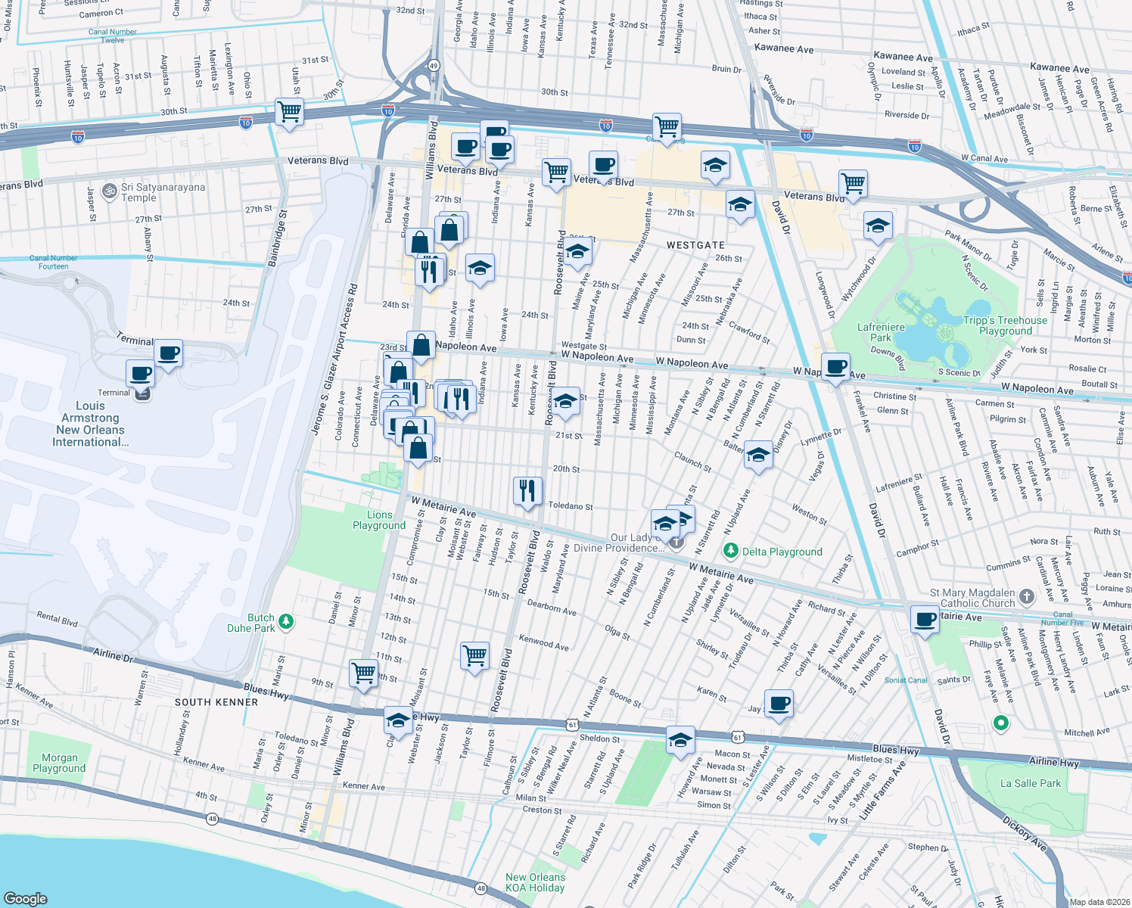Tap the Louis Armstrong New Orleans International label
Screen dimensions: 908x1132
(90, 424)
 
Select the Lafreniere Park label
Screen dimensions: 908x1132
(881, 332)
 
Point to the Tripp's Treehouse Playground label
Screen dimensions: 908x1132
(1005, 325)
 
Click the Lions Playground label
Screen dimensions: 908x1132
(379, 520)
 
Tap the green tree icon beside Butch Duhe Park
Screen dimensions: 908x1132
(286, 622)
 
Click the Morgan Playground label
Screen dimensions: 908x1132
(59, 763)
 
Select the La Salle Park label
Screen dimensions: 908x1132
(1030, 783)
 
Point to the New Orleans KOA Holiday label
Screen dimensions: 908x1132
(535, 882)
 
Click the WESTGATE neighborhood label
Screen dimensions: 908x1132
(695, 245)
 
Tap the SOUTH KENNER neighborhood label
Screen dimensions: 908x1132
(216, 702)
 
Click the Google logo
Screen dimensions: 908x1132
(26, 898)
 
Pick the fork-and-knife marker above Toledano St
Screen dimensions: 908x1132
(527, 490)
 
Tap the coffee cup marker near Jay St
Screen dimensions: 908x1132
(779, 704)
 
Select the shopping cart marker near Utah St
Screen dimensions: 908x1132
(290, 112)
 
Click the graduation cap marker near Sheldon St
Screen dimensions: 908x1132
(680, 739)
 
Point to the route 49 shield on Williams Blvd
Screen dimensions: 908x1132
(434, 66)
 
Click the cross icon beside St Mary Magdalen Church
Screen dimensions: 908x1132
(1026, 597)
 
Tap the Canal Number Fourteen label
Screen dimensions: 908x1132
(53, 262)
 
